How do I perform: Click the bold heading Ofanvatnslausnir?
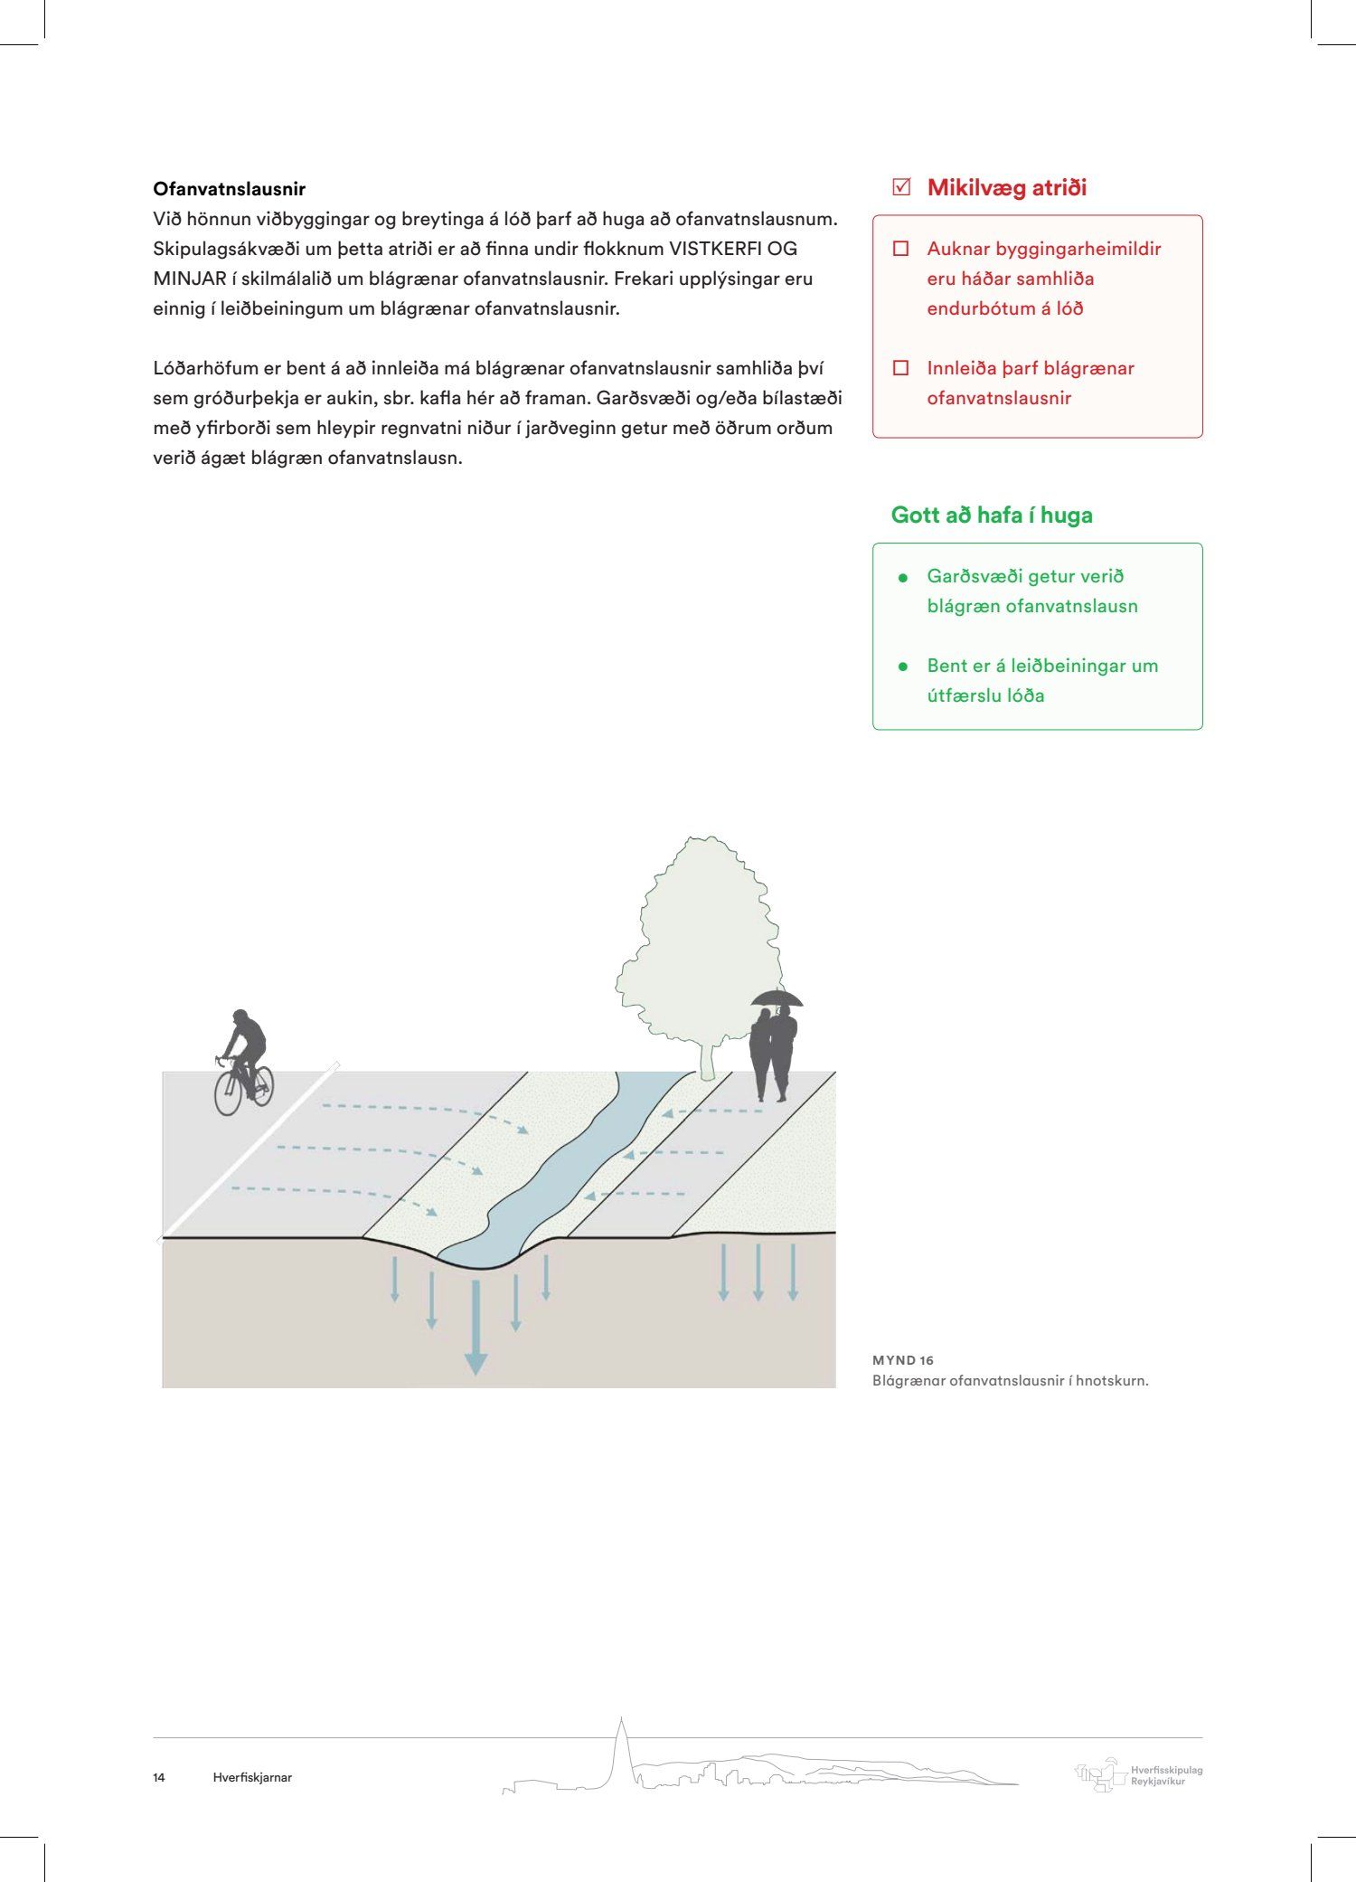(x=229, y=189)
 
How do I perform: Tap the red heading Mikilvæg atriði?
(x=1006, y=188)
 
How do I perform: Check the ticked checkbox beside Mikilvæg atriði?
(x=900, y=187)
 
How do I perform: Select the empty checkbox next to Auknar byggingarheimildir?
(x=900, y=249)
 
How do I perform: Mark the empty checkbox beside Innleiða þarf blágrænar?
(x=900, y=368)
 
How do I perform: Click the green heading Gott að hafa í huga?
(x=992, y=515)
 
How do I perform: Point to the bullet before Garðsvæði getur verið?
(x=902, y=577)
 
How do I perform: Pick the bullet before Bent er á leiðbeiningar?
(x=902, y=667)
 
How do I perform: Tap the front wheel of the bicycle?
(x=227, y=1094)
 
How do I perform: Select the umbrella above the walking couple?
(x=777, y=998)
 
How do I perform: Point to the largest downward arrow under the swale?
(x=476, y=1329)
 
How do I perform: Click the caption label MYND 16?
(x=903, y=1360)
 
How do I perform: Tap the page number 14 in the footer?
(x=159, y=1777)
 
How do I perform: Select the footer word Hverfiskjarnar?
(x=252, y=1777)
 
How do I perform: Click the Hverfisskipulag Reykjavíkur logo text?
(x=1166, y=1775)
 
